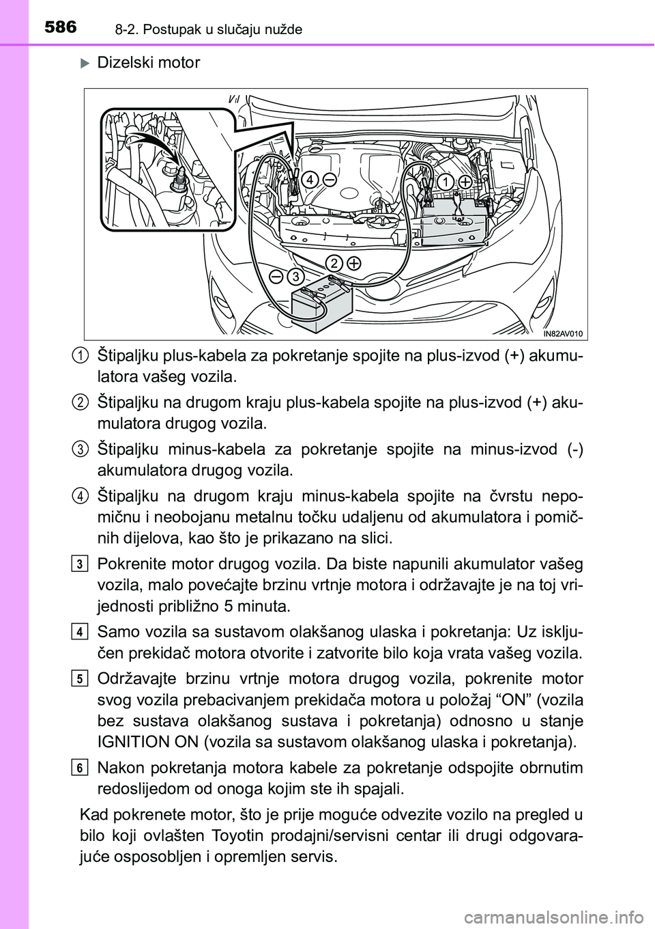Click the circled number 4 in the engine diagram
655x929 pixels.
pyautogui.click(x=310, y=180)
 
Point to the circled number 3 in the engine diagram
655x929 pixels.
pyautogui.click(x=295, y=277)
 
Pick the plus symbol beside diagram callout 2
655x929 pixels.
pyautogui.click(x=354, y=263)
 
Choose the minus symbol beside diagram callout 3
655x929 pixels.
pyautogui.click(x=276, y=276)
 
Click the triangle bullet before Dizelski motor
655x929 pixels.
pyautogui.click(x=85, y=64)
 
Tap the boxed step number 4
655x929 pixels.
pyautogui.click(x=80, y=633)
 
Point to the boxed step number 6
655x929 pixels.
pyautogui.click(x=80, y=769)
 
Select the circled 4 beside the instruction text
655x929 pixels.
pyautogui.click(x=80, y=495)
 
